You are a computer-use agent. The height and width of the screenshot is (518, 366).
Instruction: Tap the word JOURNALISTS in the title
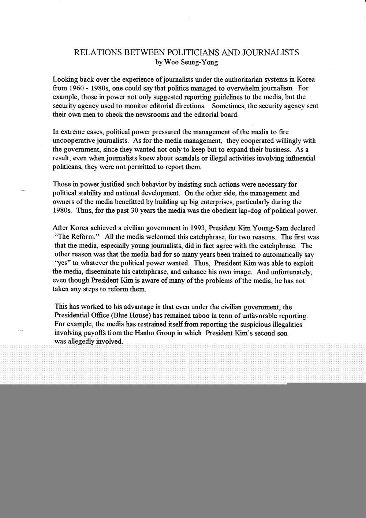point(273,53)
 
